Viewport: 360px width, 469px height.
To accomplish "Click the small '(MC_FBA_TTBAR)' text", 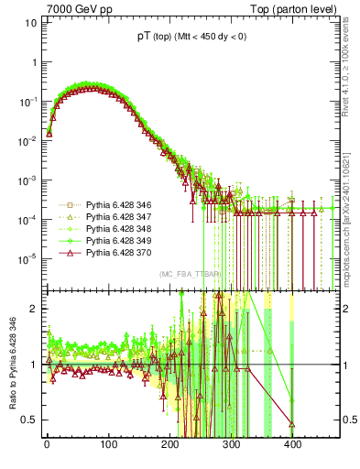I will [188, 274].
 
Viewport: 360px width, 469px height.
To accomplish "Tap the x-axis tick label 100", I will [109, 444].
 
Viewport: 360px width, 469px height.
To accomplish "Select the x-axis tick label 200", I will [170, 444].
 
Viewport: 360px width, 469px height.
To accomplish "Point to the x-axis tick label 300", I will [232, 444].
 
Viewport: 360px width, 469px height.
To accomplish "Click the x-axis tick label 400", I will [293, 444].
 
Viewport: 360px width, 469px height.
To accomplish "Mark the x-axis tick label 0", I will [48, 444].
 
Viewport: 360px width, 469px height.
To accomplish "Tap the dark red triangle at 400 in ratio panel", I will [292, 424].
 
